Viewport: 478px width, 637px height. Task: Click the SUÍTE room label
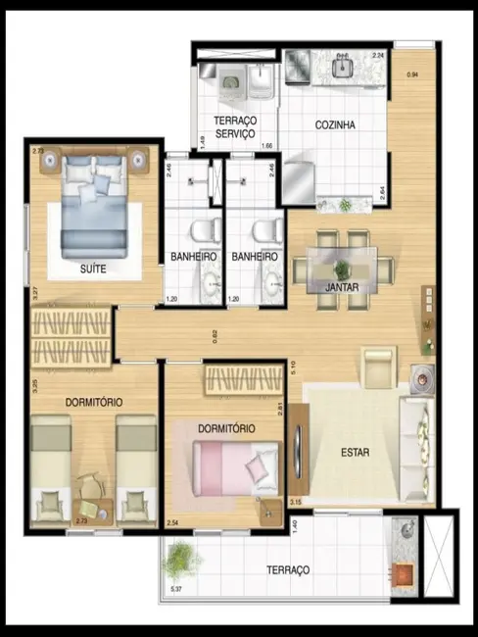point(94,267)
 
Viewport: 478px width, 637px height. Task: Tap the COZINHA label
point(335,124)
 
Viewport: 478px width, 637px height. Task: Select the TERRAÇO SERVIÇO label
point(235,126)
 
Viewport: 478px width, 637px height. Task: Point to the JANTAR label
point(342,287)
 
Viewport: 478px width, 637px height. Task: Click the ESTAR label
point(354,453)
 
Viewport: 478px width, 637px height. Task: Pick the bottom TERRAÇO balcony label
point(287,569)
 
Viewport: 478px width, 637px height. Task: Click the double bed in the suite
point(94,208)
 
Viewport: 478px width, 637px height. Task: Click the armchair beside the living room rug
point(378,367)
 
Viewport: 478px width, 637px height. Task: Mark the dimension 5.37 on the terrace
point(176,589)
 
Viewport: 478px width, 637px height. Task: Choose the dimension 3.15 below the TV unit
point(296,503)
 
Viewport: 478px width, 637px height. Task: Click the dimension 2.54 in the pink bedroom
point(173,523)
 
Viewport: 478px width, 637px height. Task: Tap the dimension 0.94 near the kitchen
point(412,75)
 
